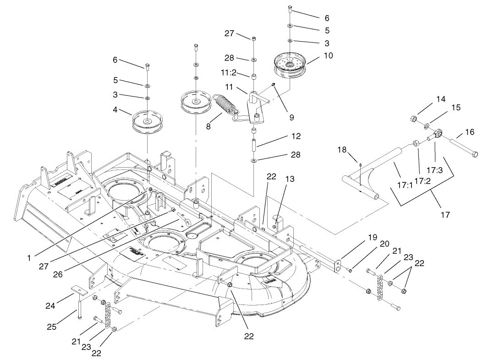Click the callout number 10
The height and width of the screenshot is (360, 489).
click(x=328, y=55)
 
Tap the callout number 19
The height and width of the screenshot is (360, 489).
click(x=372, y=238)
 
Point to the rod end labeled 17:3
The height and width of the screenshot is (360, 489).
click(x=439, y=133)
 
